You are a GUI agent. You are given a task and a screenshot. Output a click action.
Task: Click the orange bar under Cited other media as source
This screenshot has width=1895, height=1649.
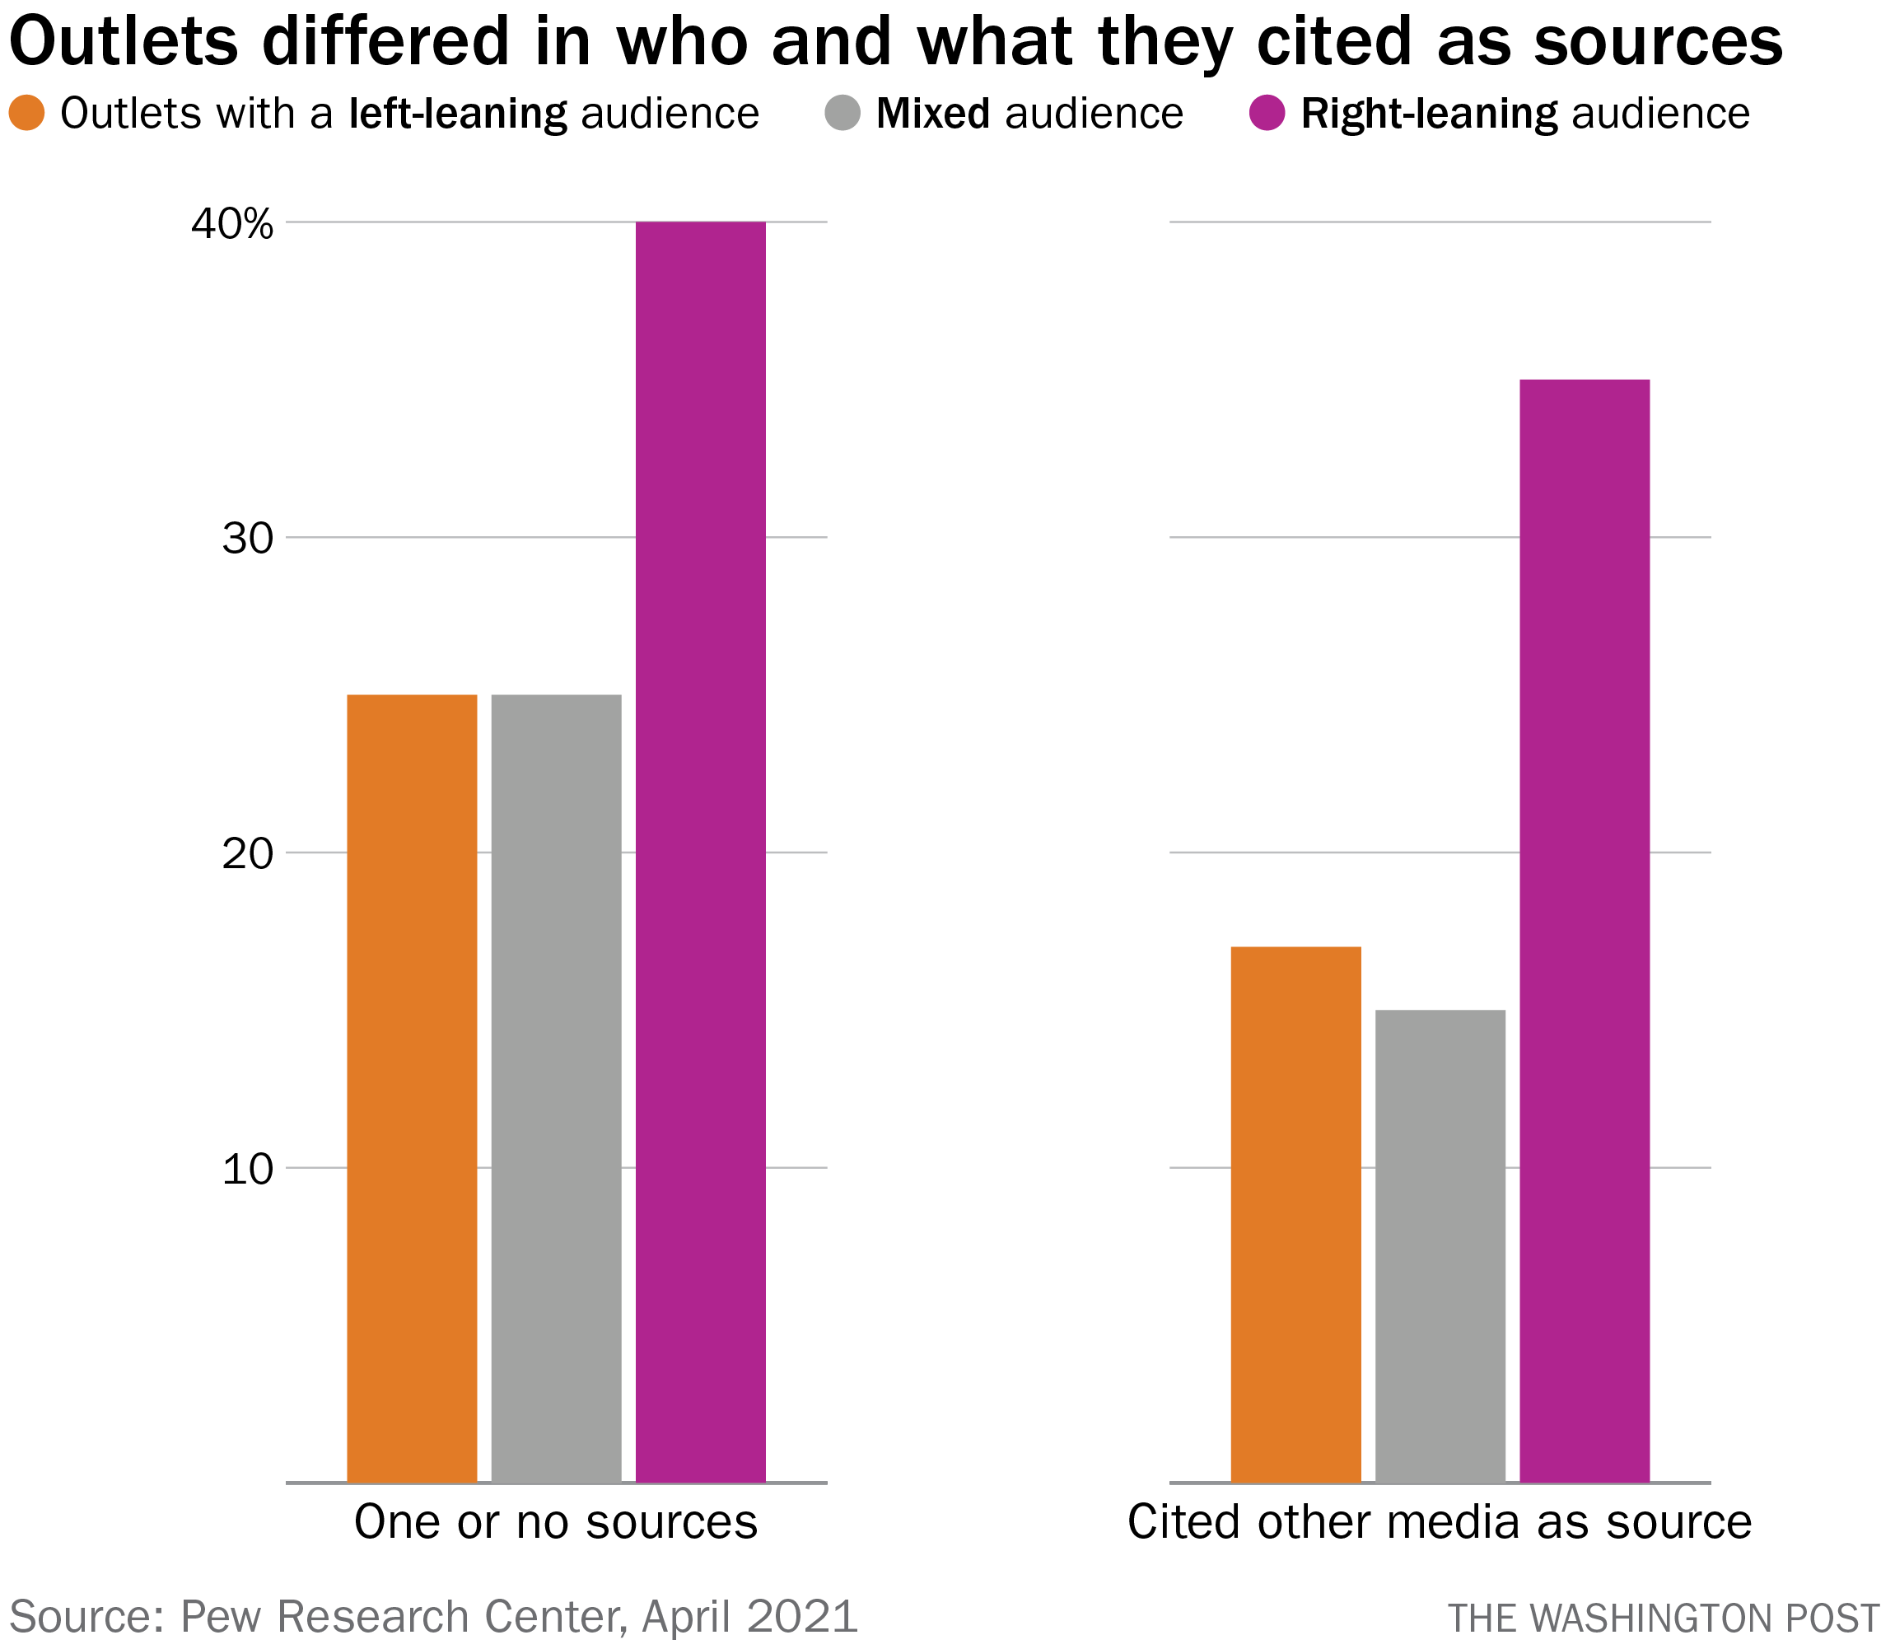[1296, 1214]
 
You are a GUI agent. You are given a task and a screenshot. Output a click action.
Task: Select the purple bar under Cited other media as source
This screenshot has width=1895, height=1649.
[1585, 929]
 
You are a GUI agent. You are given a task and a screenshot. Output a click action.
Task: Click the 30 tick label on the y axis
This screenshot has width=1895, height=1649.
[249, 540]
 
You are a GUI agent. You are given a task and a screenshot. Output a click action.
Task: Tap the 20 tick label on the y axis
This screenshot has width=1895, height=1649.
[249, 855]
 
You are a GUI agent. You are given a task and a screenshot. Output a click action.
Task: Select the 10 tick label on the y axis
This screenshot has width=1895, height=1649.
[249, 1170]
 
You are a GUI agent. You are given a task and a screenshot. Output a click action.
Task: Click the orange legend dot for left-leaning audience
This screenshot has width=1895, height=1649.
[28, 113]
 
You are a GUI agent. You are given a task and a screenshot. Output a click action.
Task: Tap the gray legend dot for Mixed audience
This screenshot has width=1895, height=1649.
[842, 113]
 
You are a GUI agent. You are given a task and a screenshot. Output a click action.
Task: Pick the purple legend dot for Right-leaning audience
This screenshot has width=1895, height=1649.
[1267, 113]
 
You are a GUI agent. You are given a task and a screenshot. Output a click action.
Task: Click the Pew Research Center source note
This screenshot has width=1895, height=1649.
[432, 1616]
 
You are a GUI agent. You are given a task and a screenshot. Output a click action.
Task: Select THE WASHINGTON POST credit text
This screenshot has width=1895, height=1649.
[1664, 1619]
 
